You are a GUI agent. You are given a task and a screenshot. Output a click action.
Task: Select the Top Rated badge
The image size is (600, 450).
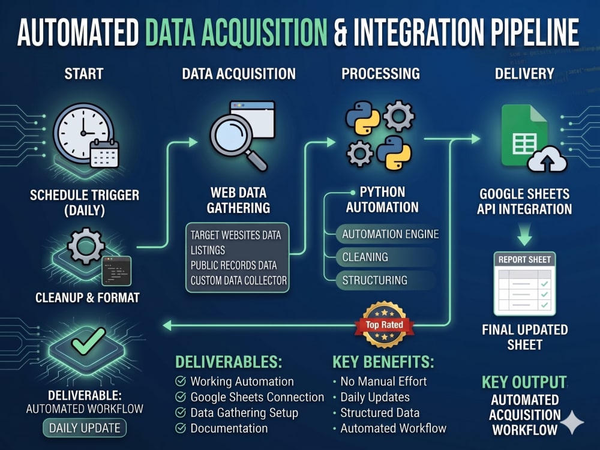(384, 325)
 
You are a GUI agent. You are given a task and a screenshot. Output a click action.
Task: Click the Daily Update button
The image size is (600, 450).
(85, 428)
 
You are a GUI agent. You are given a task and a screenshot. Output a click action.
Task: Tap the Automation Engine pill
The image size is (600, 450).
(386, 234)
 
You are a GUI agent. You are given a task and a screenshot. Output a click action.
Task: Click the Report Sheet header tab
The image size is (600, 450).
(524, 260)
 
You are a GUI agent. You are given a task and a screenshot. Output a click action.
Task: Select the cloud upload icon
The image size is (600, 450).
(547, 159)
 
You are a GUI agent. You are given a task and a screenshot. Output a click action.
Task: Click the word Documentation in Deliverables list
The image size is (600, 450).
(229, 428)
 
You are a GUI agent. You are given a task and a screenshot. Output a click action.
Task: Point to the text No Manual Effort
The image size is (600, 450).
(383, 382)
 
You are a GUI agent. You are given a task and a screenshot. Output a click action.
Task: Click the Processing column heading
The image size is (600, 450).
(380, 73)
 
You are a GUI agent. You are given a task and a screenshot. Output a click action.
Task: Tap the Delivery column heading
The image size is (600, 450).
(524, 73)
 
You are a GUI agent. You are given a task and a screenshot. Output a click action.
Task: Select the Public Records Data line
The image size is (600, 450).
(233, 265)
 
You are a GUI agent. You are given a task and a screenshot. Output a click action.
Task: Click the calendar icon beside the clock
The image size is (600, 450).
(104, 154)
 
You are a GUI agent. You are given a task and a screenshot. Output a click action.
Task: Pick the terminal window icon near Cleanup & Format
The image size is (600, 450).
(117, 271)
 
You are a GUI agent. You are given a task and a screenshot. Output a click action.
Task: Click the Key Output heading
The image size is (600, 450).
(524, 382)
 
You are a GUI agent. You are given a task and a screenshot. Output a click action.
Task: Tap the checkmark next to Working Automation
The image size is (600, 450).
(181, 381)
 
